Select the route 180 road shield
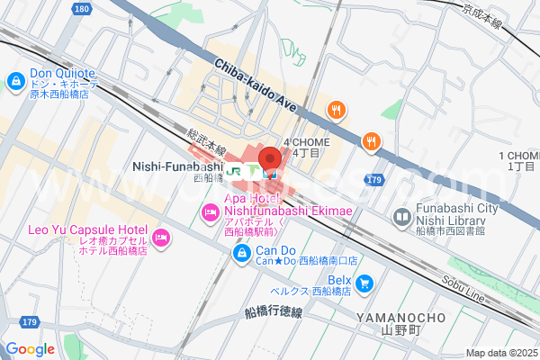coord(82,8)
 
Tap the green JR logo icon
coord(235,169)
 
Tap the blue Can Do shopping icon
coord(241,255)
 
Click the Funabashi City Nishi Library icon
coord(401,217)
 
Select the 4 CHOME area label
coord(307,148)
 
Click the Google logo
coord(30,348)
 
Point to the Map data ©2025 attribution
coord(500,353)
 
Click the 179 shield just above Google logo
coord(30,321)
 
